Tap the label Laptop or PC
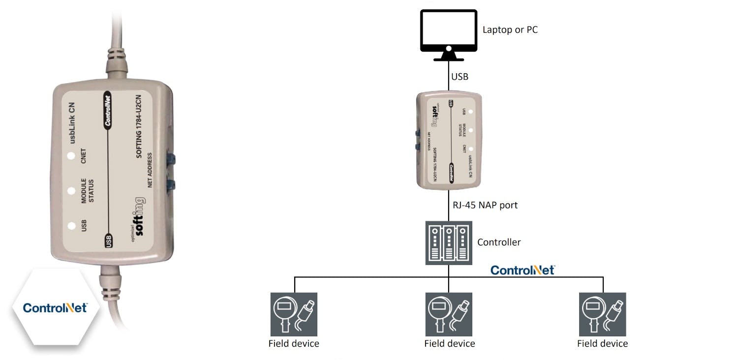(x=510, y=30)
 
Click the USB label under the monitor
(x=460, y=77)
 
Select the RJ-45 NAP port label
(x=485, y=205)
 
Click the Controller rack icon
(x=448, y=242)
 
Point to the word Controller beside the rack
(x=499, y=242)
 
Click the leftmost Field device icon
(x=294, y=314)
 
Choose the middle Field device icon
(x=449, y=314)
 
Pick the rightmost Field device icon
(x=603, y=314)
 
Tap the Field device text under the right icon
(x=602, y=343)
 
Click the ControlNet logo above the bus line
(x=523, y=270)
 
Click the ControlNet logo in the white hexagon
(x=55, y=308)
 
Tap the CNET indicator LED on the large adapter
(x=72, y=157)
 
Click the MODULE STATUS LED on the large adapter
(x=72, y=190)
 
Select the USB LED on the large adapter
(x=72, y=226)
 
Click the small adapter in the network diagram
(x=449, y=140)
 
